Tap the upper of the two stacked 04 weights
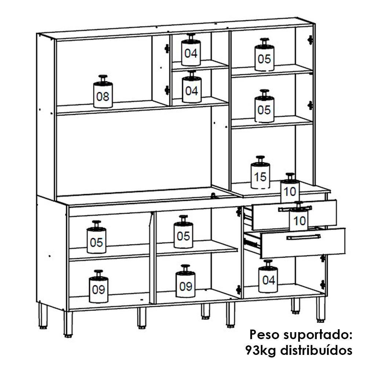click(191, 52)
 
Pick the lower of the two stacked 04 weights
click(192, 90)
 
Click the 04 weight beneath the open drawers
click(268, 279)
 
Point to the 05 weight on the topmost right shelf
click(264, 57)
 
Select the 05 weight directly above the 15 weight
click(264, 108)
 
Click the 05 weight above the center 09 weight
click(183, 235)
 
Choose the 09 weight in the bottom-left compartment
click(98, 288)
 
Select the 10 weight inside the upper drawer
click(299, 219)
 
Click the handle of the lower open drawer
click(304, 237)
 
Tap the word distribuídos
click(316, 350)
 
